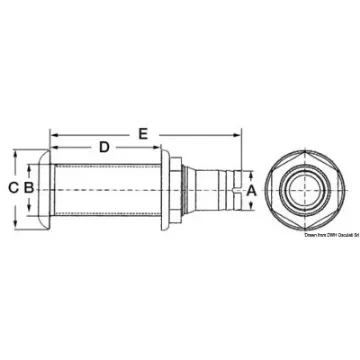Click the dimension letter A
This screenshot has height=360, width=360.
[250, 187]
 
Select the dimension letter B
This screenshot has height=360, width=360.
[30, 188]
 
